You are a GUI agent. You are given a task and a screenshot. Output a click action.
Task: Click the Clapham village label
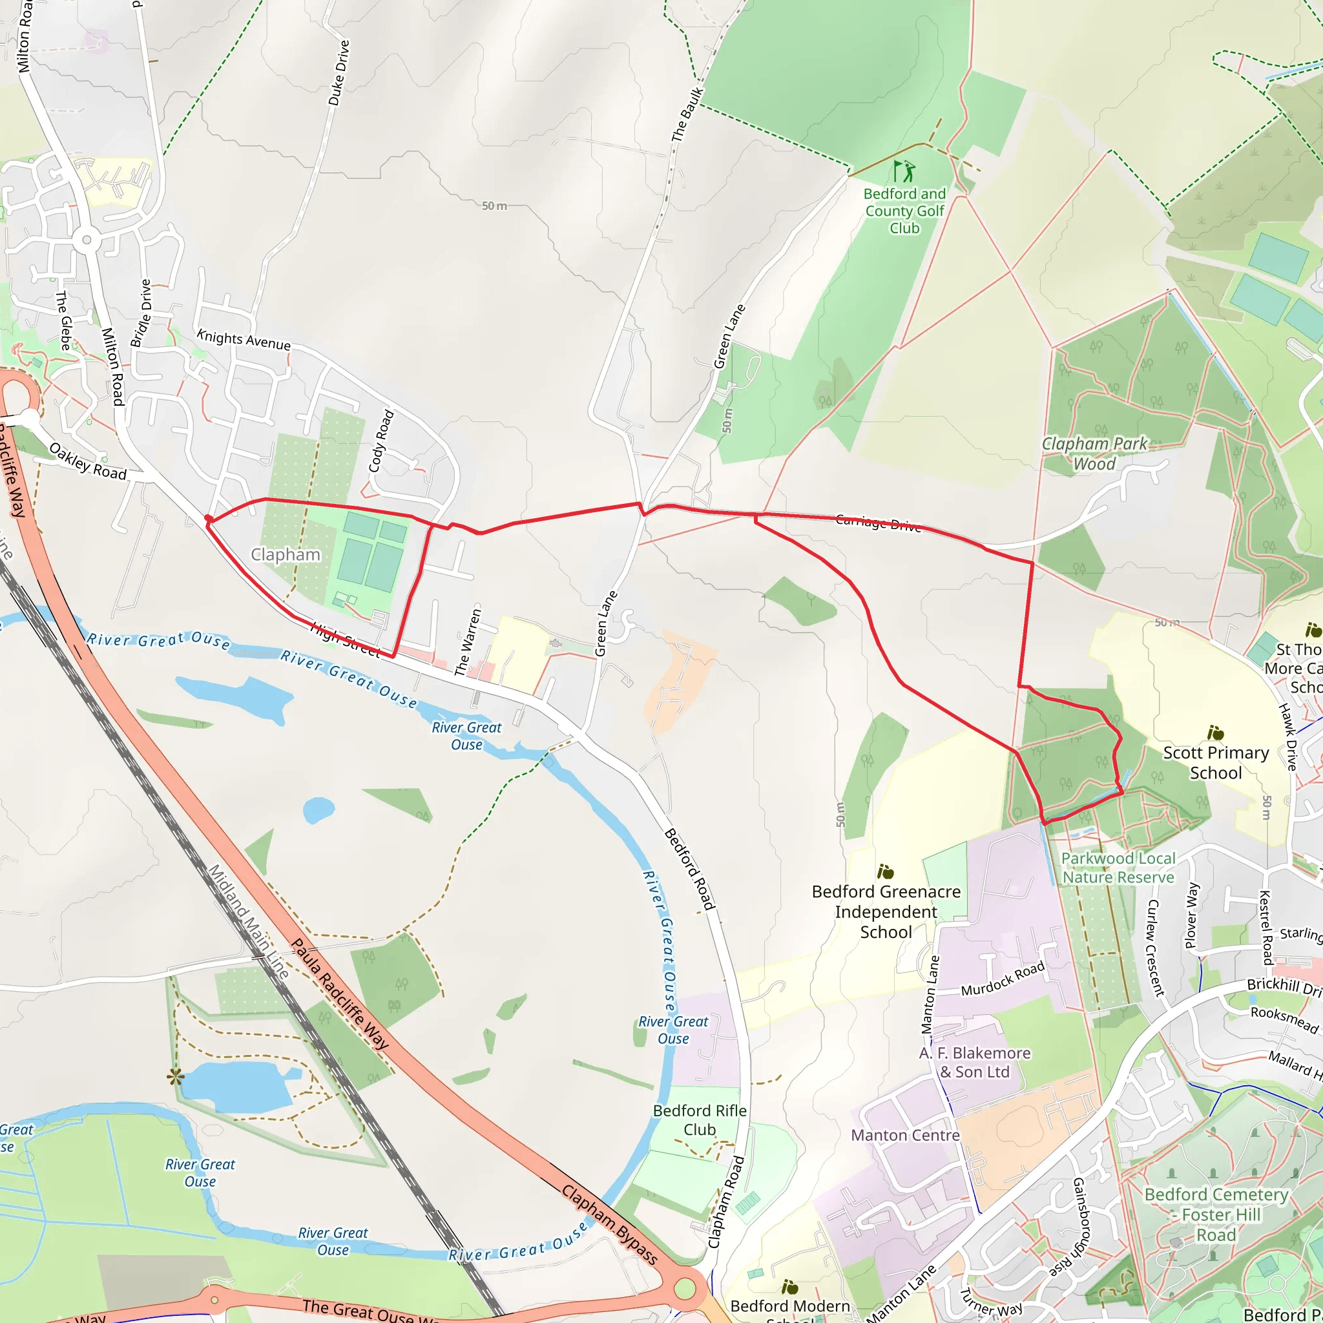pos(286,555)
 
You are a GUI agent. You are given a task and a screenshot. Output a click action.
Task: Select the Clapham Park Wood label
pos(1094,453)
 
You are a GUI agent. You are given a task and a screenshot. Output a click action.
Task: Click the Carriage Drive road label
pos(879,523)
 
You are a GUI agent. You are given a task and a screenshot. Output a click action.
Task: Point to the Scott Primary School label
pos(1216,762)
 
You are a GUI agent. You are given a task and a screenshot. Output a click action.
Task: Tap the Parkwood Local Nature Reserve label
pos(1118,868)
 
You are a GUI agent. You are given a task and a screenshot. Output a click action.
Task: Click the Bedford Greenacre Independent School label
pos(886,912)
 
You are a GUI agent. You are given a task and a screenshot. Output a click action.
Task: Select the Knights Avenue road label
pos(244,340)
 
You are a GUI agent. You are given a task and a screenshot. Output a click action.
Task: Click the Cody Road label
pos(381,441)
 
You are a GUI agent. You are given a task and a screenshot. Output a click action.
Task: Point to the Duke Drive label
pos(339,73)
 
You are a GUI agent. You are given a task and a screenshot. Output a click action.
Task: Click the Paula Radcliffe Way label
pos(340,994)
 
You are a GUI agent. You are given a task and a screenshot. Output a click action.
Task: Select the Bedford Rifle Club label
pos(699,1120)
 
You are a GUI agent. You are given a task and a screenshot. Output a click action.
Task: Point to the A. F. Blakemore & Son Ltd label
pos(974,1062)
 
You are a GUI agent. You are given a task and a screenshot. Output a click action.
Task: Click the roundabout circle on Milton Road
pos(87,240)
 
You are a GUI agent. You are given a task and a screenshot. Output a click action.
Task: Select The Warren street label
pos(468,641)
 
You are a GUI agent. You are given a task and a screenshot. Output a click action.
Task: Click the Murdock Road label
pos(1003,979)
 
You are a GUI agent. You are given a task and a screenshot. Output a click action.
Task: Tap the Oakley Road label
pos(88,461)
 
